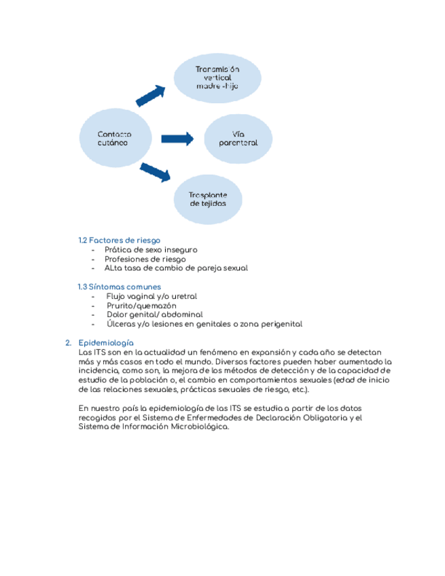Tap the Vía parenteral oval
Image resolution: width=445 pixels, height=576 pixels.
[238, 139]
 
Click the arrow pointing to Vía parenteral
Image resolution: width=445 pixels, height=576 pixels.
[177, 139]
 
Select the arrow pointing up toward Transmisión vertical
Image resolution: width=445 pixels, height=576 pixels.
[151, 96]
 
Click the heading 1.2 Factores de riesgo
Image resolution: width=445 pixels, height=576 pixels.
[119, 240]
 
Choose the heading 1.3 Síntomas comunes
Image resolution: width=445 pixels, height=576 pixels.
[120, 287]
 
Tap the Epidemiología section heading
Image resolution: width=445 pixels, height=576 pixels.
[106, 343]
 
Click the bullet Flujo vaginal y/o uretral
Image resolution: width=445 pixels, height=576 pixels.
[152, 296]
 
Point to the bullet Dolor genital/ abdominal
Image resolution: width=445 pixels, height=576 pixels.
[155, 314]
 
